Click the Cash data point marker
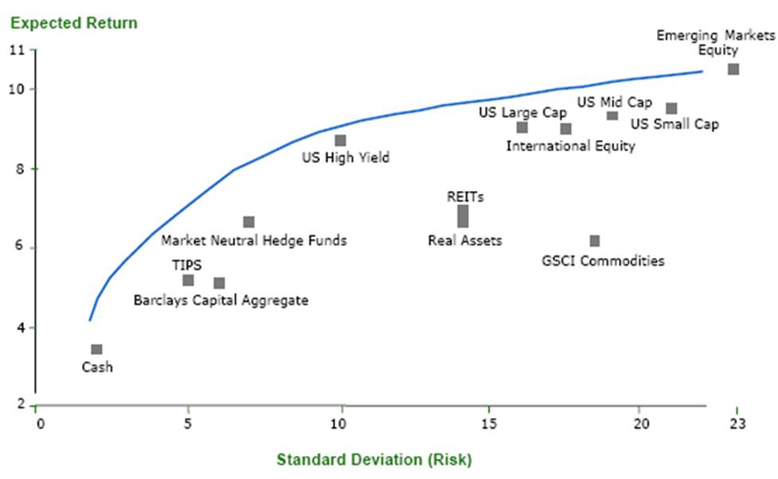tap(96, 349)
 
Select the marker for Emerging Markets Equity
tap(733, 69)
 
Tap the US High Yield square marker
tap(341, 141)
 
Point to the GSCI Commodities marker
tap(595, 241)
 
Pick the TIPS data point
tap(188, 280)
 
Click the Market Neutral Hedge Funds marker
tap(249, 222)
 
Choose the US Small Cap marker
tap(671, 108)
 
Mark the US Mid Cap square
tap(612, 115)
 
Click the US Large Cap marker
tap(522, 127)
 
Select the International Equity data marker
tap(565, 129)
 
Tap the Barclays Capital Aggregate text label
tap(221, 300)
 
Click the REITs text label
tap(466, 197)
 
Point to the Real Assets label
tap(465, 240)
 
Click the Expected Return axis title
tap(73, 22)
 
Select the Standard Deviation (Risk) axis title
tap(374, 459)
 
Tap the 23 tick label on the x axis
tap(737, 423)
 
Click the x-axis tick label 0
tap(40, 423)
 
